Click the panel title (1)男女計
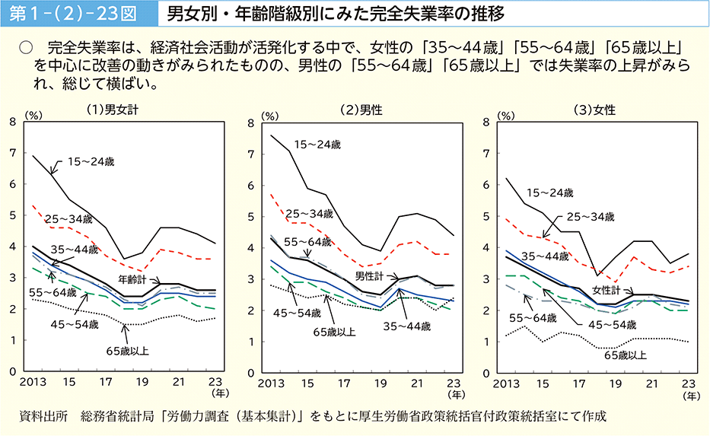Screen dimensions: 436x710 click(112, 109)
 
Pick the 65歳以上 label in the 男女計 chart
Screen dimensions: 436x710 click(128, 351)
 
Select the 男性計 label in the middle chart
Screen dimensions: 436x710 click(371, 275)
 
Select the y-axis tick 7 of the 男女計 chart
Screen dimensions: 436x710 click(13, 152)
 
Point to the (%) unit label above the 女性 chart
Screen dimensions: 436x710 click(506, 116)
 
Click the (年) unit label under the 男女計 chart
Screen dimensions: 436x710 click(219, 394)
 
